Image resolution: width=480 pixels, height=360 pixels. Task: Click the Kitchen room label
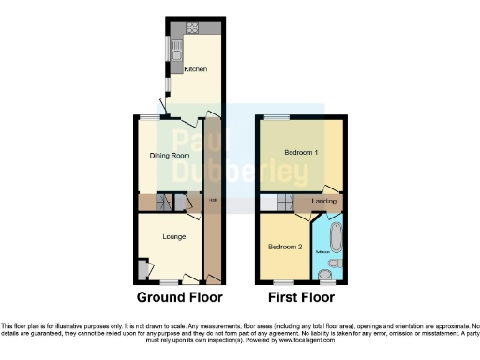click(196, 69)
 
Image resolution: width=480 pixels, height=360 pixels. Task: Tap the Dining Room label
click(171, 155)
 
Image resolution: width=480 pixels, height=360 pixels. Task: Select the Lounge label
click(173, 236)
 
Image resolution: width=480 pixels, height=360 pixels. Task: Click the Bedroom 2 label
click(285, 247)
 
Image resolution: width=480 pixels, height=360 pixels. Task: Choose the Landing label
click(324, 201)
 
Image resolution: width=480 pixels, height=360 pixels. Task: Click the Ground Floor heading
click(180, 299)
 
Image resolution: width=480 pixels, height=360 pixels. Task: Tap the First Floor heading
click(301, 299)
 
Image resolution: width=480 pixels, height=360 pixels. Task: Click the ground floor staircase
click(166, 202)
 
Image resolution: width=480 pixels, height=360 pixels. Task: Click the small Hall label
click(213, 201)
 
